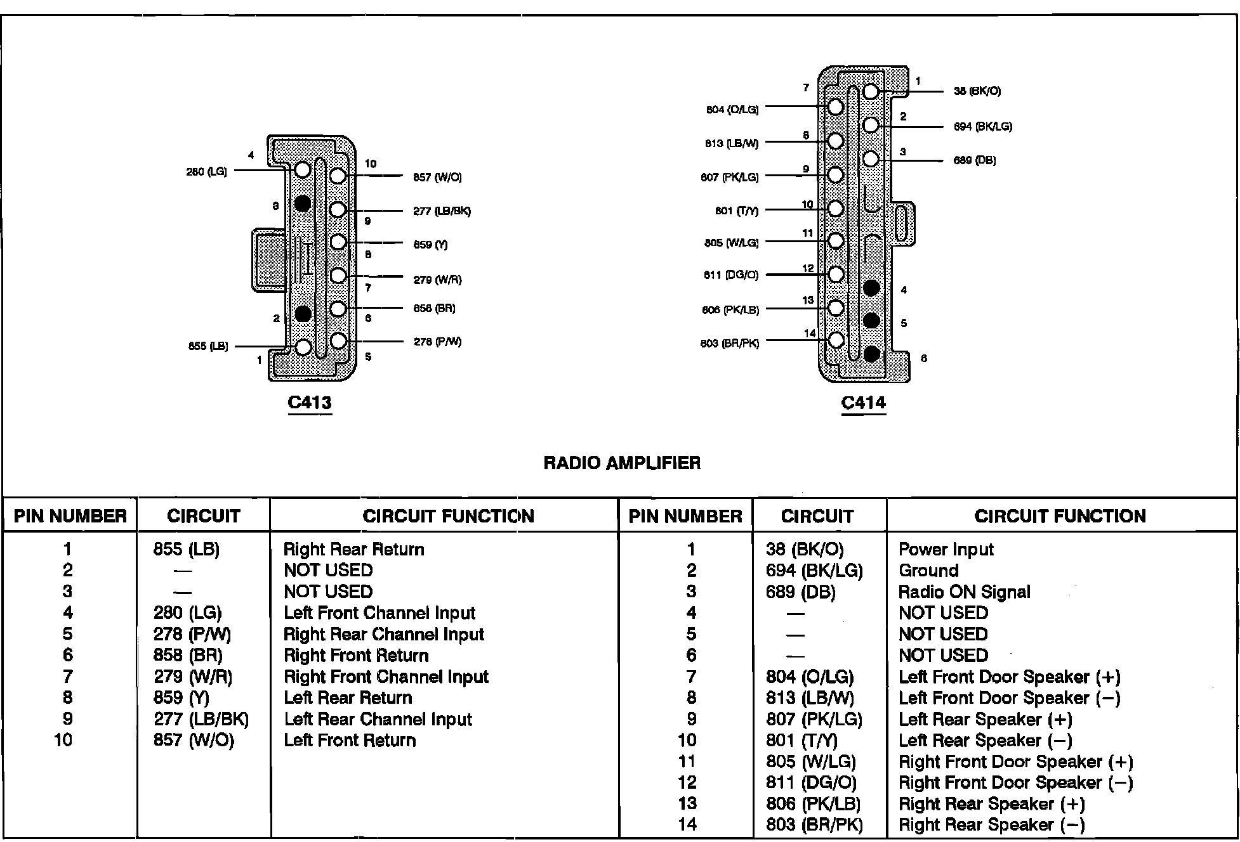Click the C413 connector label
310,403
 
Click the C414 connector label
863,403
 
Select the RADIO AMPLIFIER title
622,463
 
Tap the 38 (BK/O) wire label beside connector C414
977,91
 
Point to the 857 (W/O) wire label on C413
437,178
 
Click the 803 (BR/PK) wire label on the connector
729,344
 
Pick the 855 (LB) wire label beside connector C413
208,347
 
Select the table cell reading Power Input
946,549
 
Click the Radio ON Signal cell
964,592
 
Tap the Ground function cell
928,570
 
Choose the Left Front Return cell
350,740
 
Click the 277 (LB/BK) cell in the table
201,719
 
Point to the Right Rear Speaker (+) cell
992,804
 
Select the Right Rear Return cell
353,549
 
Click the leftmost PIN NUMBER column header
70,516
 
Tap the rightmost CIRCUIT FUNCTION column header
1060,516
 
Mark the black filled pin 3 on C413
303,204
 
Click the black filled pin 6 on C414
872,354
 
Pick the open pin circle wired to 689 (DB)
871,159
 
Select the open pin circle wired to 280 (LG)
303,170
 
